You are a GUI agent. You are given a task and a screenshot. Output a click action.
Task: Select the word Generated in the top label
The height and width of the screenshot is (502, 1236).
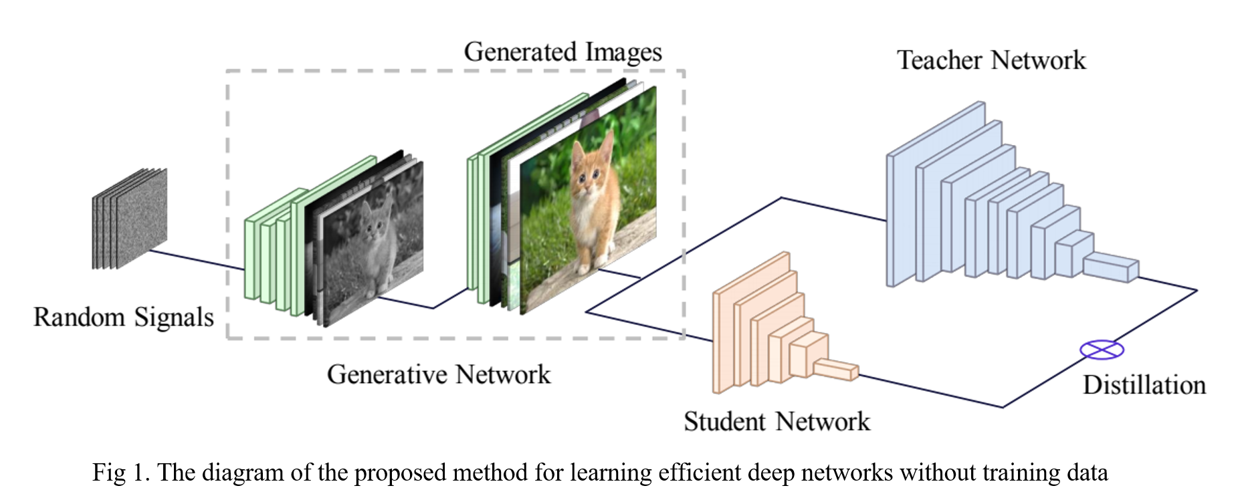[520, 52]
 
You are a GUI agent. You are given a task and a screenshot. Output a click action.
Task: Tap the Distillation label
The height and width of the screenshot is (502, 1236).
[1144, 385]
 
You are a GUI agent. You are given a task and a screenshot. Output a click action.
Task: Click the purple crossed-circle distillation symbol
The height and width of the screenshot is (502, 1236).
[1102, 349]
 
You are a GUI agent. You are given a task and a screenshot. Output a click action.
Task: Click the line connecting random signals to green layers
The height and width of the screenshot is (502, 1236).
[197, 260]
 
